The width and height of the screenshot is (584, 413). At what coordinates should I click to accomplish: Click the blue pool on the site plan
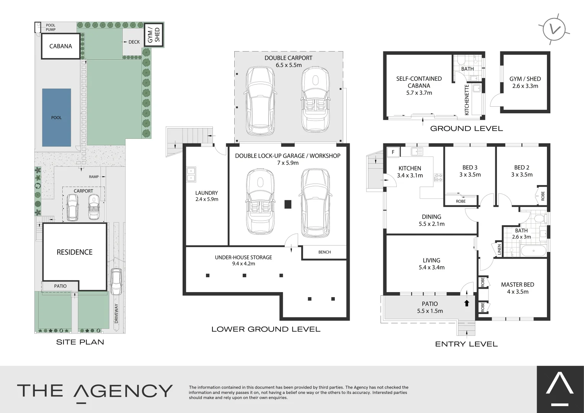57,117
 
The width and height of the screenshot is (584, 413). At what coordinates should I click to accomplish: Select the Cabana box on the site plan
61,46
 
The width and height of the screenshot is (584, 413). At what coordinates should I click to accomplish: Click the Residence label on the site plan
75,252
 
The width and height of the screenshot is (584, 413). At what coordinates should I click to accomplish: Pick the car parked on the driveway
116,281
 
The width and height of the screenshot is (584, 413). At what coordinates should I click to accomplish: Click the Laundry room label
206,193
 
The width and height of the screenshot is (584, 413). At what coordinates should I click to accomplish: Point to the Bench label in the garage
324,252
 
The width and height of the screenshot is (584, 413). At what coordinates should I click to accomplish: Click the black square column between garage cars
288,204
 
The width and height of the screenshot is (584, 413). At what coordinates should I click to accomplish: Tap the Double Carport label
289,58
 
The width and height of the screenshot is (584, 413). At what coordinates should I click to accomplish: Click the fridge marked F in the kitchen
393,152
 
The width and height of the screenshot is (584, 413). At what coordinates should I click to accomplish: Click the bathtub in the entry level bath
534,252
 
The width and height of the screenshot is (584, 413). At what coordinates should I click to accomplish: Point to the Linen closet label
499,250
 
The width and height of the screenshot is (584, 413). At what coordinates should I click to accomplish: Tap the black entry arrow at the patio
466,303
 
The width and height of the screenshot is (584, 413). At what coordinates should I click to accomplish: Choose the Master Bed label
517,285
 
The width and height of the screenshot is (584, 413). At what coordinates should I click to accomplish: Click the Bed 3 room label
470,167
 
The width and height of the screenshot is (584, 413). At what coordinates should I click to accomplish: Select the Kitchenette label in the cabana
467,100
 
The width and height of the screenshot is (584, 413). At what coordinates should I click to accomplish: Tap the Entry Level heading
466,344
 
